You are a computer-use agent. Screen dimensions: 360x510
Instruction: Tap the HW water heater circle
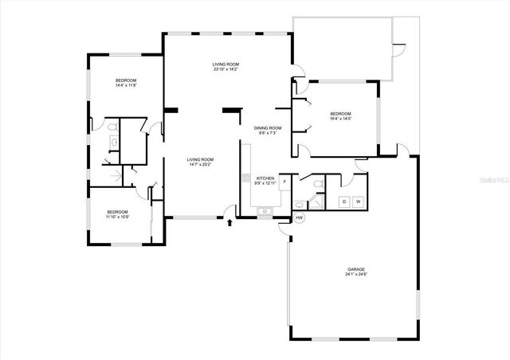point(300,217)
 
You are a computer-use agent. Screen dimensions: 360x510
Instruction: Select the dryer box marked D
point(344,202)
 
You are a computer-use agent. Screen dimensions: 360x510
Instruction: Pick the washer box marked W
point(358,202)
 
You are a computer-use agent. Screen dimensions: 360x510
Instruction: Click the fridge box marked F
point(285,182)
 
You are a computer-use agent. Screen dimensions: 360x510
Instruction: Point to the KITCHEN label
point(265,178)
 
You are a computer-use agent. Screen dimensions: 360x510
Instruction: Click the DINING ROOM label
point(268,128)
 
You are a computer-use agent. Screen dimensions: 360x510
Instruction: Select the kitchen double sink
point(265,210)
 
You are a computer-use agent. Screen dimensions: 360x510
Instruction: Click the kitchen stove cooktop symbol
point(247,178)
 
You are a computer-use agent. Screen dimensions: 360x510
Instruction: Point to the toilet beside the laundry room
point(318,185)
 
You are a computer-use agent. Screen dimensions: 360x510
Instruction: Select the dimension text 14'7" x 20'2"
point(199,165)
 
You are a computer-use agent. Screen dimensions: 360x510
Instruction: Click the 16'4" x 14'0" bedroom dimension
point(340,119)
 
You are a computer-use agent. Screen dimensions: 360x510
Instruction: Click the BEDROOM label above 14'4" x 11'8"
point(126,80)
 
